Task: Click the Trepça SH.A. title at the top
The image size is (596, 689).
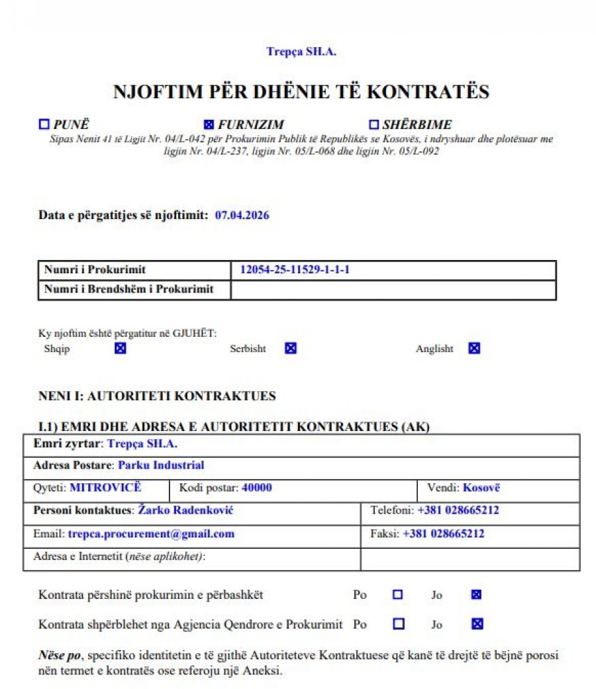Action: tap(301, 51)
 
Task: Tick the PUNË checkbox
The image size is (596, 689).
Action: tap(45, 124)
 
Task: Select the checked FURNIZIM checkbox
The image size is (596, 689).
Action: tap(209, 124)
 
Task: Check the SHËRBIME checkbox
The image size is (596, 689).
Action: tap(373, 124)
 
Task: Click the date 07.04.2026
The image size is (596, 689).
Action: tap(242, 215)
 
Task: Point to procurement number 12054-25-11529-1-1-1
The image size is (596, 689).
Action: tap(295, 270)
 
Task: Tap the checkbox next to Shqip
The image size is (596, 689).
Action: tap(120, 348)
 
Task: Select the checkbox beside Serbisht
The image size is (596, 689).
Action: tap(291, 348)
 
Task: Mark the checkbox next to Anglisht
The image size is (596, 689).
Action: tap(474, 348)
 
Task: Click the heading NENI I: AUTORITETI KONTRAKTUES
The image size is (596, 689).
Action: tap(158, 396)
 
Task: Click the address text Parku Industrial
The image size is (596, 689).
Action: tap(161, 465)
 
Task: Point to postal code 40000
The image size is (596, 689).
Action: tap(257, 488)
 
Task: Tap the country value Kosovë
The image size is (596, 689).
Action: tap(481, 488)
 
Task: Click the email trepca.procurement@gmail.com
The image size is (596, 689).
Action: tap(151, 534)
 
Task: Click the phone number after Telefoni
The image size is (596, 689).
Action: tap(458, 511)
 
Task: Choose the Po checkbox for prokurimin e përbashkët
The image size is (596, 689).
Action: tap(398, 594)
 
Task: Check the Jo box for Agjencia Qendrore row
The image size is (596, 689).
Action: tap(477, 623)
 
